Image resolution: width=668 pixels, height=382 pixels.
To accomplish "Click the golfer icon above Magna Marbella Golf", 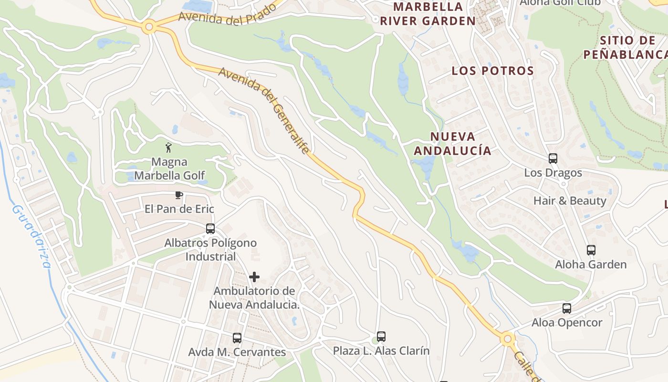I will [x=168, y=147].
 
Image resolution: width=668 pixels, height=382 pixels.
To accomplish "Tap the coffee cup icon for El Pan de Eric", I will [x=179, y=195].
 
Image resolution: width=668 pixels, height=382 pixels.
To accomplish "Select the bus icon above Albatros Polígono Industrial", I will [x=210, y=229].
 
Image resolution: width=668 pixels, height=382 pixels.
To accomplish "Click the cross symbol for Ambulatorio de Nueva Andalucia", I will [x=254, y=277].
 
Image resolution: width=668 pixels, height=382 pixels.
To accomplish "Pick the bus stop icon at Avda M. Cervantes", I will [x=237, y=338].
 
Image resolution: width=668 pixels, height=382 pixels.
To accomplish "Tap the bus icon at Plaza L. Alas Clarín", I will [x=381, y=337].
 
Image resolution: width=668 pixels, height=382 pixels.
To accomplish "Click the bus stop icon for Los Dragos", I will [x=553, y=159].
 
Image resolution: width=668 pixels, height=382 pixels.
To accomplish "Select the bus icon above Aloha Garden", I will [x=591, y=250].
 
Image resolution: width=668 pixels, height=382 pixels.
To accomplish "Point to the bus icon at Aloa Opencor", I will [x=567, y=308].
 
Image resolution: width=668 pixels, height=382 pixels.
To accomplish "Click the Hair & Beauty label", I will [x=570, y=201].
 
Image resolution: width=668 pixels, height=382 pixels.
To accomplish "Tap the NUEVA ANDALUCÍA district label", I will [x=452, y=144].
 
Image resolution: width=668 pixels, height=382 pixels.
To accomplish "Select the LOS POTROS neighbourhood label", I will [x=493, y=71].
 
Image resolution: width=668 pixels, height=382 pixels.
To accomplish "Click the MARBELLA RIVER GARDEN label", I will [x=428, y=14].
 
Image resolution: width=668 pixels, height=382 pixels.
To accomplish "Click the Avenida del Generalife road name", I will [x=264, y=110].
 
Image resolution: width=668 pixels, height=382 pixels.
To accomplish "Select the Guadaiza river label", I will [x=31, y=237].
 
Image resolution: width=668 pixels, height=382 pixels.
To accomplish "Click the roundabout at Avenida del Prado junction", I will [x=149, y=27].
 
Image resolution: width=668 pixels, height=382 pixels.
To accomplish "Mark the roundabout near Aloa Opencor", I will [x=508, y=340].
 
